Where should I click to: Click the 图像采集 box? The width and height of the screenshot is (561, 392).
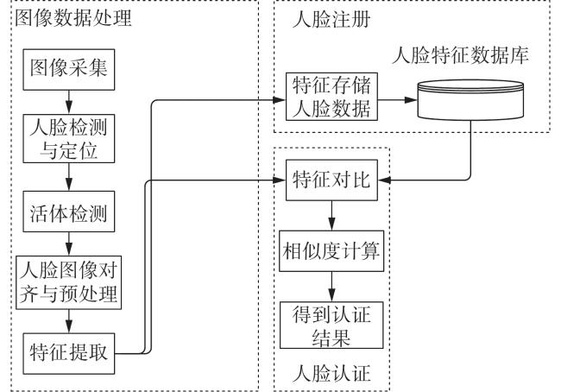point(69,69)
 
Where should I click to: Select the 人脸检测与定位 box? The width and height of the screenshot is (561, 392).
point(69,138)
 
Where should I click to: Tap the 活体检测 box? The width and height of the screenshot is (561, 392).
point(69,212)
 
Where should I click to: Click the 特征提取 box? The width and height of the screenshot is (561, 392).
point(69,354)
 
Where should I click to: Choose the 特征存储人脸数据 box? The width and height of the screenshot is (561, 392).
point(331,97)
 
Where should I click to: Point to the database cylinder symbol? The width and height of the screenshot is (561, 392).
point(471,99)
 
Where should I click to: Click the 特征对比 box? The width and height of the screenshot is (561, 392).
point(331,180)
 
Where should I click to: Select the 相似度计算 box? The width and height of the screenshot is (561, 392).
point(331,251)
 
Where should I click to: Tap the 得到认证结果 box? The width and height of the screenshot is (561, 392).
point(331,325)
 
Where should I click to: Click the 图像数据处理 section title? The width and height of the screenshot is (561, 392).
point(73,18)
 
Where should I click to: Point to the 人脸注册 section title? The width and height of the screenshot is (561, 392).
point(331,19)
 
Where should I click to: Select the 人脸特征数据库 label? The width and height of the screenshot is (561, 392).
point(461,55)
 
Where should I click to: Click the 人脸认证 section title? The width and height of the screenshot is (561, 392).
point(331,374)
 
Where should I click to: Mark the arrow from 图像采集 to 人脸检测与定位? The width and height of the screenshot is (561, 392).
point(69,102)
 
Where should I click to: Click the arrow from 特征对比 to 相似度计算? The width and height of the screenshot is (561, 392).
point(331,216)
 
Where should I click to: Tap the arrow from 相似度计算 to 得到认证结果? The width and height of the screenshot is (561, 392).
point(331,287)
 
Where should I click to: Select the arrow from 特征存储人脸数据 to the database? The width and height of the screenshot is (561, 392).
point(398,100)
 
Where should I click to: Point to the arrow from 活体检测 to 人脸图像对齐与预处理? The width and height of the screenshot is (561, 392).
point(69,243)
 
